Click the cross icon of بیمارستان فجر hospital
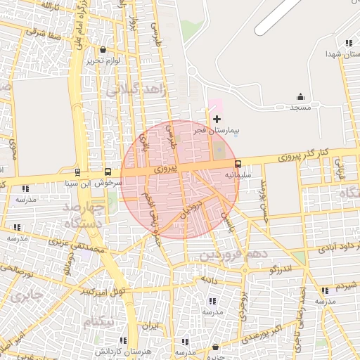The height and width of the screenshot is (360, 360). click(217, 119)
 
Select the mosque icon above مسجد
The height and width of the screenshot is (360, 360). click(301, 97)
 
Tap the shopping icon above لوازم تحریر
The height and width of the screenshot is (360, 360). click(103, 50)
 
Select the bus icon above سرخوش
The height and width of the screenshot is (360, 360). click(108, 172)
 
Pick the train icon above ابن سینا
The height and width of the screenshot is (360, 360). click(77, 172)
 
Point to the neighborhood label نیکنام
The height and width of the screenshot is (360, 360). click(98, 322)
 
